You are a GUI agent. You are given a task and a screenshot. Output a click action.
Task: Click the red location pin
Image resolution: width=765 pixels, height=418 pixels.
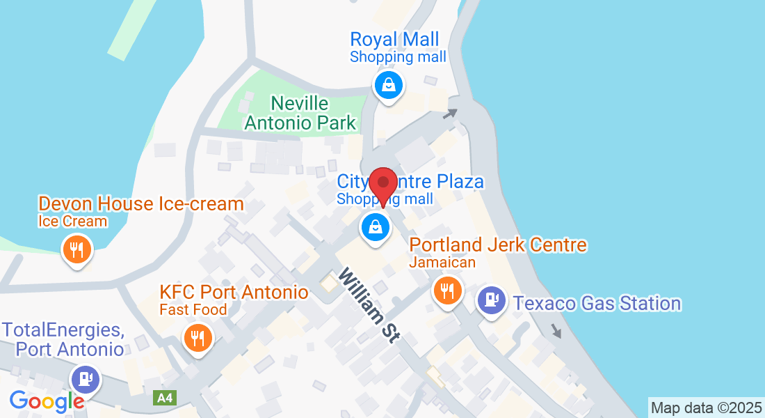coord(383,185)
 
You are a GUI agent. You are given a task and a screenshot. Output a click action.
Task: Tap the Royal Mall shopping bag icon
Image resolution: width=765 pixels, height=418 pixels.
coord(389,86)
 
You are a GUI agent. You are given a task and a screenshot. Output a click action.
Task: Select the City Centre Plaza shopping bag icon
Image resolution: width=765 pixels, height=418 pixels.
coord(376,226)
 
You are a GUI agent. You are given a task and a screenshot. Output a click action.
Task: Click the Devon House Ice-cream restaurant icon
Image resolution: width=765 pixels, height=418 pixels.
coord(76,248)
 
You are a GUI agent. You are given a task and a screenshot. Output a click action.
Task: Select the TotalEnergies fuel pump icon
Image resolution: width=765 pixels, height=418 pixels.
coord(86,378)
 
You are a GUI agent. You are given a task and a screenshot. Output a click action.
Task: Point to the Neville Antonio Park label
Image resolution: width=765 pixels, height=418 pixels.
coord(313,114)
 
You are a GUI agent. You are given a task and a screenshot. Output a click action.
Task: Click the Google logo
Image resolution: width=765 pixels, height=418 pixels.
coord(47,401)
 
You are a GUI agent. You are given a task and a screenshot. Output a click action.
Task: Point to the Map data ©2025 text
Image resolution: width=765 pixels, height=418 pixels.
coord(706,408)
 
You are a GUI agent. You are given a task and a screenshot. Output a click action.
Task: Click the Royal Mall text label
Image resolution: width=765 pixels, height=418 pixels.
coord(394,39)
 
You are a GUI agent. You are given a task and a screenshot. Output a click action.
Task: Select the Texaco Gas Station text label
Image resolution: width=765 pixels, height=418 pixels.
coord(597,303)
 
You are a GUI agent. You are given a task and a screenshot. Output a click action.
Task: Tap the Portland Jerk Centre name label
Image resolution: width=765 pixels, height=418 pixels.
coord(498,245)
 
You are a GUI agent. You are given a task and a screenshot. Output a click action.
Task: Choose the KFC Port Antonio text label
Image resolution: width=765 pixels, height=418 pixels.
coord(234,292)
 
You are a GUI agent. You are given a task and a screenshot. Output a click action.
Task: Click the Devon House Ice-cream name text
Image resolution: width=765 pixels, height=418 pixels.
coord(141,204)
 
